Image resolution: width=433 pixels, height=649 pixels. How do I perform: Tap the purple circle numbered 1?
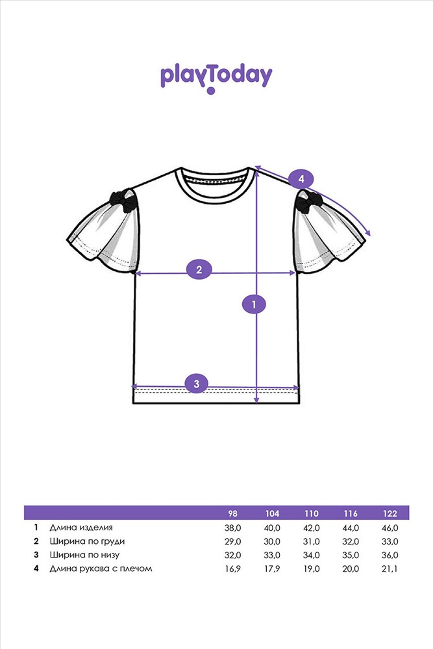[254, 303]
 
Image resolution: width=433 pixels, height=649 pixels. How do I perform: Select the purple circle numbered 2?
[199, 269]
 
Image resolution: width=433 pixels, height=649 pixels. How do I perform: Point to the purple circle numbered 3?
[197, 384]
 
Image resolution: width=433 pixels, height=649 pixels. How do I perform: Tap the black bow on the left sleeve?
[123, 199]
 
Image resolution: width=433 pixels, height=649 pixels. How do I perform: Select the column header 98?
[232, 513]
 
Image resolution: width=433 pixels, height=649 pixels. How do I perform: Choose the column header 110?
[311, 513]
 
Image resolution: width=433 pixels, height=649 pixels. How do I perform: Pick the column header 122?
[390, 513]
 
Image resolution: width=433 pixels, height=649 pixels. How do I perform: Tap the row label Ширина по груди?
[87, 541]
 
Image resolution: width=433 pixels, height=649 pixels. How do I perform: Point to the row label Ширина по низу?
[84, 555]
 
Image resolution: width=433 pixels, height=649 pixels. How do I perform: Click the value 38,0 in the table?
[232, 528]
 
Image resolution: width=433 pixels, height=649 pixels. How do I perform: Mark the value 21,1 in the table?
[390, 569]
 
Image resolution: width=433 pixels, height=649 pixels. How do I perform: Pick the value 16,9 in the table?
[232, 569]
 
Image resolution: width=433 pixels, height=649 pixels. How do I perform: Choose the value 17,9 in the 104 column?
[272, 569]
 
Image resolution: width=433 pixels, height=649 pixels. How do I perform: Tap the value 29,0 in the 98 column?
[232, 541]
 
